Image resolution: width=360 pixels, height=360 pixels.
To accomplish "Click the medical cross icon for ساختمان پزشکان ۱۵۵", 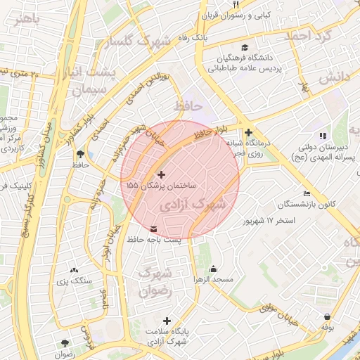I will (x=162, y=174).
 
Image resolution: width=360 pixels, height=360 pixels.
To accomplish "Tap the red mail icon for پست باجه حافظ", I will (x=154, y=229).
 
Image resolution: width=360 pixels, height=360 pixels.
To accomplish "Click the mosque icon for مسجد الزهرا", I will (x=213, y=269).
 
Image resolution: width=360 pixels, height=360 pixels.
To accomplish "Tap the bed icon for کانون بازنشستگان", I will (x=306, y=193).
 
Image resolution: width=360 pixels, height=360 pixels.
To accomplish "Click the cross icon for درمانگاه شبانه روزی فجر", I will (x=248, y=132).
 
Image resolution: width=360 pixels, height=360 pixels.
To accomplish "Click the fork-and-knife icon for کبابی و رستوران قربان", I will (x=236, y=5).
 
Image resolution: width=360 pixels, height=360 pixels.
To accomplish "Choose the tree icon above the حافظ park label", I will (x=79, y=153).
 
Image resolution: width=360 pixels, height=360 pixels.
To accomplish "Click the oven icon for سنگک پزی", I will (x=74, y=270).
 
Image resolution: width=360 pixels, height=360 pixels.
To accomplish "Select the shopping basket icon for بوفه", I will (x=328, y=316).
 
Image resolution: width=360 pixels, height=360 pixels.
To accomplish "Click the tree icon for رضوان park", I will (x=65, y=344).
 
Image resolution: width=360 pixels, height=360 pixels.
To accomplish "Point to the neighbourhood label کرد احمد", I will (x=310, y=34).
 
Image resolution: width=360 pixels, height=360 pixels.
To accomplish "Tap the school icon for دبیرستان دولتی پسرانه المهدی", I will (x=323, y=136).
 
